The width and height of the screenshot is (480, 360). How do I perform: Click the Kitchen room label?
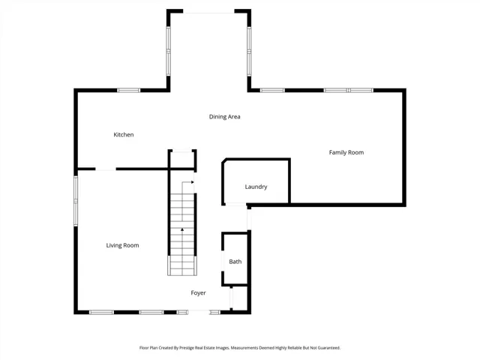point(123,135)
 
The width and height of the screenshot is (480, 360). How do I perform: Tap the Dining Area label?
point(224,117)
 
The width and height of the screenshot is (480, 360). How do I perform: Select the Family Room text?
point(346,152)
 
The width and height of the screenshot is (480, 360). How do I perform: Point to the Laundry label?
point(256,187)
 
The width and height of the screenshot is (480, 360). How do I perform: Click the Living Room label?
point(122,245)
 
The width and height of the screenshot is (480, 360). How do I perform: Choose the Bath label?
point(235,262)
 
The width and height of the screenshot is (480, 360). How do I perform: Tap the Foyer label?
point(198,293)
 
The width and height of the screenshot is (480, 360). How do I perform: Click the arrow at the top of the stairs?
point(187,186)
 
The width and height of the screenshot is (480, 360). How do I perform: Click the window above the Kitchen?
point(128,90)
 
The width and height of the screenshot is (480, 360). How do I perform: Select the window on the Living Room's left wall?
point(76,201)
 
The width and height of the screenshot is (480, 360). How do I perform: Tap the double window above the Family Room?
point(348,90)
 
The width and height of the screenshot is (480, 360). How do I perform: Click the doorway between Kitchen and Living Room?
point(106,169)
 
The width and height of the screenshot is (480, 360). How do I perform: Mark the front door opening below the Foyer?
point(199,312)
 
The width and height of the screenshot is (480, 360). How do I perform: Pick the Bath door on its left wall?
point(223,261)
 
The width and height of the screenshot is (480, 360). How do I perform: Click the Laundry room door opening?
point(235,204)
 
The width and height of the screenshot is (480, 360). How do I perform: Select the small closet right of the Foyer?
point(239,298)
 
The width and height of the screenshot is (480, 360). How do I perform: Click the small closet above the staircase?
point(182,159)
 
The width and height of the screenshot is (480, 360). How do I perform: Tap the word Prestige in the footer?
point(187,348)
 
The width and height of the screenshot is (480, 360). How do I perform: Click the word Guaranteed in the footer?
point(328,348)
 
